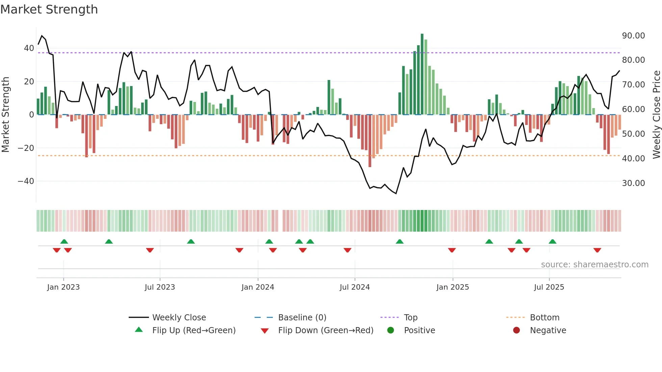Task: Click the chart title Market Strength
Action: coord(49,9)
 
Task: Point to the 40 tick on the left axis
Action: coord(29,48)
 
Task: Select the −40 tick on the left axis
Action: coord(26,181)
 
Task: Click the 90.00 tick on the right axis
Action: coord(633,36)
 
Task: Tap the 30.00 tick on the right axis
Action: coord(633,183)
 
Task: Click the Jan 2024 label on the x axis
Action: coord(258,287)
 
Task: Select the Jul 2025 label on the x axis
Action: coord(549,287)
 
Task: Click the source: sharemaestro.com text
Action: coord(594,265)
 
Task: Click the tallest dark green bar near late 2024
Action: coord(422,74)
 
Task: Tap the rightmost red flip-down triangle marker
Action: coord(597,250)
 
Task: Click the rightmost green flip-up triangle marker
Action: coord(553,241)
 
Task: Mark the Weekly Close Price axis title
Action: coord(656,115)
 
